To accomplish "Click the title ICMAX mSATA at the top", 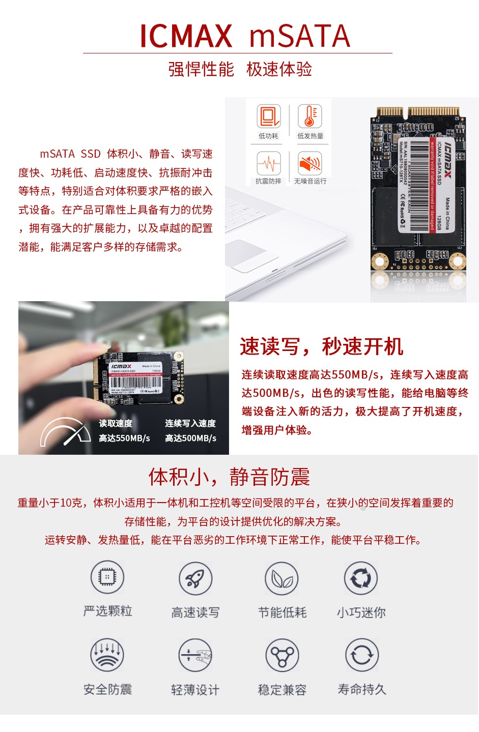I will [245, 36].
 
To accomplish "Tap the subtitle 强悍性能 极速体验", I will [240, 69].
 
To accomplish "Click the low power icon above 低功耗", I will [268, 116].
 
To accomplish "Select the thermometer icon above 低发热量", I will [310, 116].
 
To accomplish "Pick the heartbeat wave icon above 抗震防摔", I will [268, 163].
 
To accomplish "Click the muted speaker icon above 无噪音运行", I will [310, 163].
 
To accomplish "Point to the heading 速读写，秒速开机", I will [322, 347].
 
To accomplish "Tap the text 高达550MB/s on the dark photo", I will [124, 438].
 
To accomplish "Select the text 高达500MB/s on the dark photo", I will [190, 438].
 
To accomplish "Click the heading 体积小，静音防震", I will [229, 477].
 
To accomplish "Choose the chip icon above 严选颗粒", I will [107, 577].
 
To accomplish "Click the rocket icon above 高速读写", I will [195, 578].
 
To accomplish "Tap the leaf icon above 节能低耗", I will [281, 578].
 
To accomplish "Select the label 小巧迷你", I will [361, 612].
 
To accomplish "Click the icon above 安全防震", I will [107, 655].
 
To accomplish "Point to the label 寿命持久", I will [362, 690].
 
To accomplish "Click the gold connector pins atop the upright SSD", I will [417, 111].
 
